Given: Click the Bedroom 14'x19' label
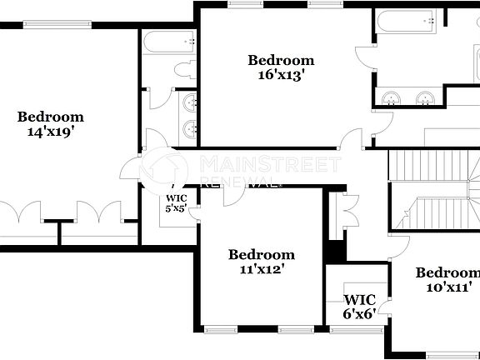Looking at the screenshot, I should [51, 123].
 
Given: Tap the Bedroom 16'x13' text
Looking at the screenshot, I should [281, 67].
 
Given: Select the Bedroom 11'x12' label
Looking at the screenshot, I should [261, 261].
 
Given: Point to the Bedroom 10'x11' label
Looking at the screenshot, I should [447, 280].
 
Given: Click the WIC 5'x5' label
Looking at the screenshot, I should [174, 203].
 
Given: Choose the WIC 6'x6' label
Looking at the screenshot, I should [360, 307].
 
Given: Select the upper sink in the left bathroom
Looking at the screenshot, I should [190, 103].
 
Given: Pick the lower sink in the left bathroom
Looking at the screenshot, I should [190, 129].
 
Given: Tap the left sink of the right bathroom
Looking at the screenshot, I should [391, 99].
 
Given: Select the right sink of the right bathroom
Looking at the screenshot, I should [425, 99].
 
